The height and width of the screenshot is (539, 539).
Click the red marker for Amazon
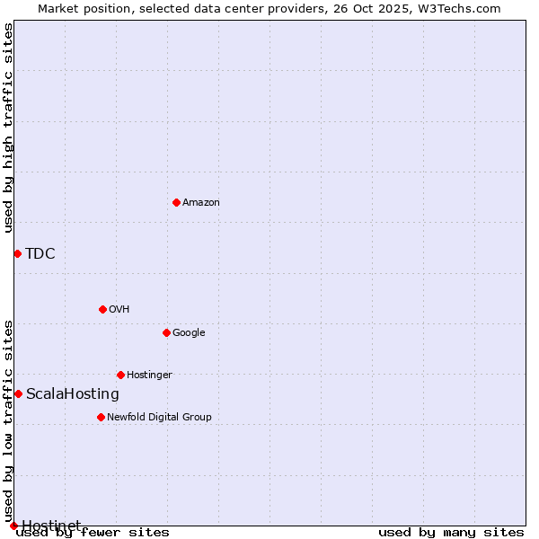click(176, 202)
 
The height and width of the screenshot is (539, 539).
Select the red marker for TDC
click(17, 253)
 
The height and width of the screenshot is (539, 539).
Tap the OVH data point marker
click(102, 309)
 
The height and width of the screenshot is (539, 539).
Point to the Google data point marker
click(166, 332)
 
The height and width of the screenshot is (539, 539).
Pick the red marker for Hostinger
click(120, 375)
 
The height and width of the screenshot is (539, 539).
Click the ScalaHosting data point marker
click(18, 393)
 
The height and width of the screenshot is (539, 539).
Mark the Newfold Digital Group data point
click(101, 417)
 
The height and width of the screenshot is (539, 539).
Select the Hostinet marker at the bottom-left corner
click(13, 526)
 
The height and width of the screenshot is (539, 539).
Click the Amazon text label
click(201, 203)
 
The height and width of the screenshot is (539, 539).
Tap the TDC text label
click(40, 253)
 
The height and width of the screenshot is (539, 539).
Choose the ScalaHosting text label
click(73, 393)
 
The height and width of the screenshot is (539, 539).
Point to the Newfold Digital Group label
click(159, 417)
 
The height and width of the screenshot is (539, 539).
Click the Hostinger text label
click(149, 375)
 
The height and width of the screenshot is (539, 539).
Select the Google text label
click(189, 333)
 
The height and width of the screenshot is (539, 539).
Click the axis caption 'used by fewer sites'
click(93, 533)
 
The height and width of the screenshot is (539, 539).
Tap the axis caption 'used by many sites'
click(451, 533)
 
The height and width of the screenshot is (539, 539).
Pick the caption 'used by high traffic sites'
click(8, 128)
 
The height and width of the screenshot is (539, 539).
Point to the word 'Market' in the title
click(58, 8)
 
